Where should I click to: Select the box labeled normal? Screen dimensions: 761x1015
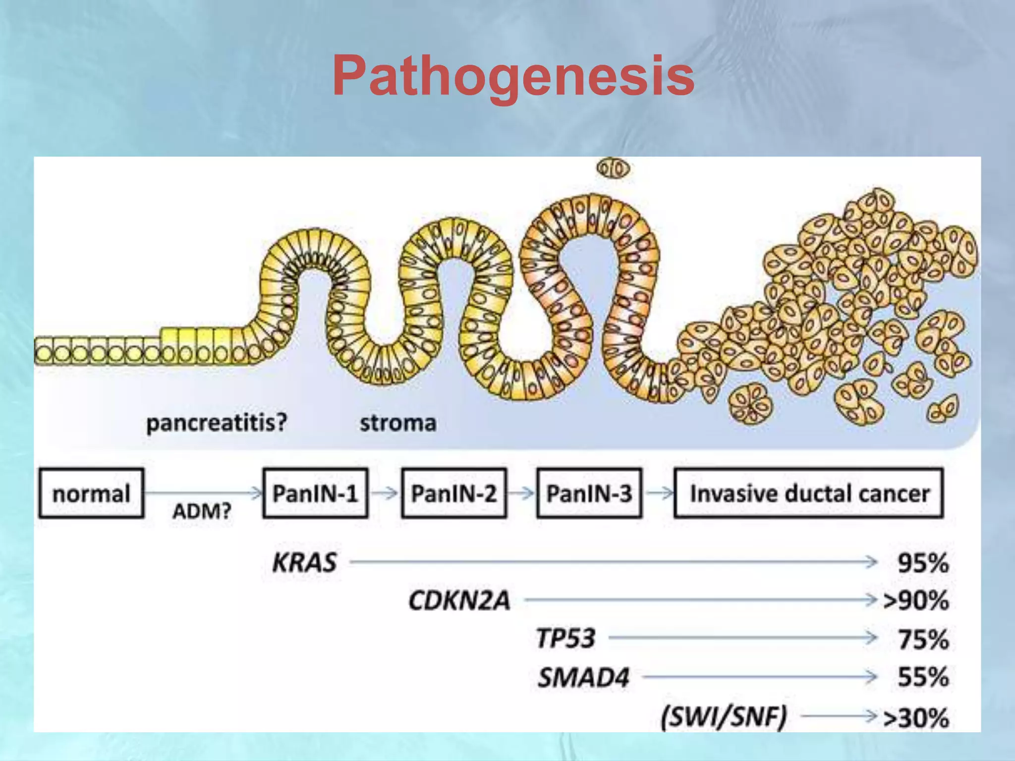pos(91,493)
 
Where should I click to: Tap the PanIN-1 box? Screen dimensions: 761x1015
pos(315,493)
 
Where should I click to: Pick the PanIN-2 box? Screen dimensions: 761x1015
pos(453,493)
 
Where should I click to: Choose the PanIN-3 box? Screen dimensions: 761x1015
pos(589,493)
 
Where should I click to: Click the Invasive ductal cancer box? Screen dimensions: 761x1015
pos(809,493)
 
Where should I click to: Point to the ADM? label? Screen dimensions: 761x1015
pos(202,511)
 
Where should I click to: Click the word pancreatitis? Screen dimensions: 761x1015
pos(217,423)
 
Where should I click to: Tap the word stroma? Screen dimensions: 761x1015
pos(398,423)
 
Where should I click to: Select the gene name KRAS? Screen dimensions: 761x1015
pos(304,563)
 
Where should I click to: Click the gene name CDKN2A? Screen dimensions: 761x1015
pos(459,601)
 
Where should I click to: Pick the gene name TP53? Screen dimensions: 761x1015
pos(565,639)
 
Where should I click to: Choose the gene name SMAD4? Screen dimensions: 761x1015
pos(583,677)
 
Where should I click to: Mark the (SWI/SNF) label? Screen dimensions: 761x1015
pos(724,716)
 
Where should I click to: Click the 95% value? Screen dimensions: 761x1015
pos(923,563)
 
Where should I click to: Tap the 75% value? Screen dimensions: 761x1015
pos(923,640)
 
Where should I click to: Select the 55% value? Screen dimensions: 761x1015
pos(923,677)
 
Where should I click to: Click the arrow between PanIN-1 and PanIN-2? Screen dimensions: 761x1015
pos(385,493)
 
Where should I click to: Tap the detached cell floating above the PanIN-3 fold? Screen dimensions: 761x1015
pos(614,169)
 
